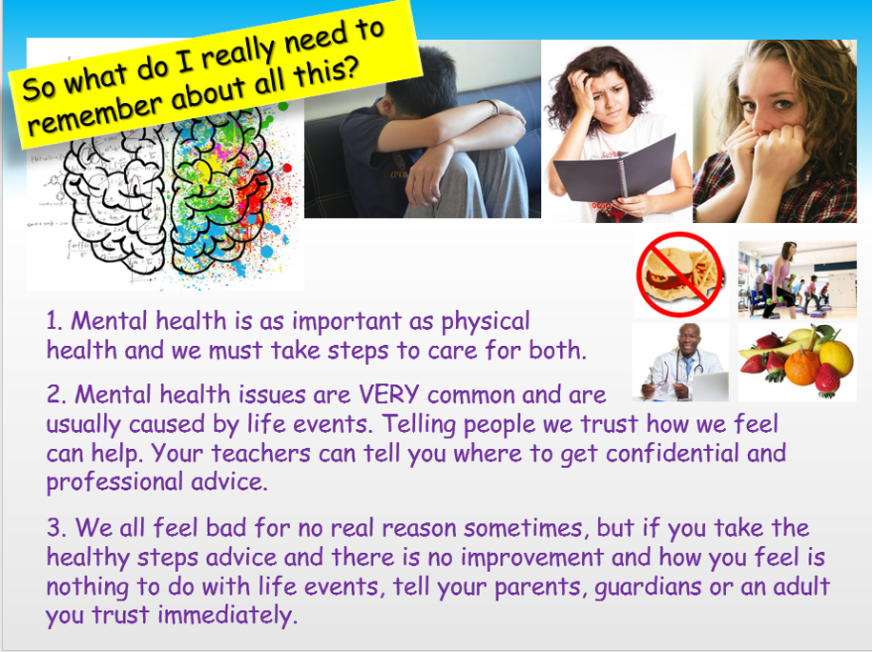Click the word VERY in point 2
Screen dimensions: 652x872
tap(413, 394)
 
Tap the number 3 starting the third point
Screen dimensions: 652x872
tap(53, 528)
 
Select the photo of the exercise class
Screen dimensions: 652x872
tap(797, 279)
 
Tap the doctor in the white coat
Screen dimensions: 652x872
tap(679, 362)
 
